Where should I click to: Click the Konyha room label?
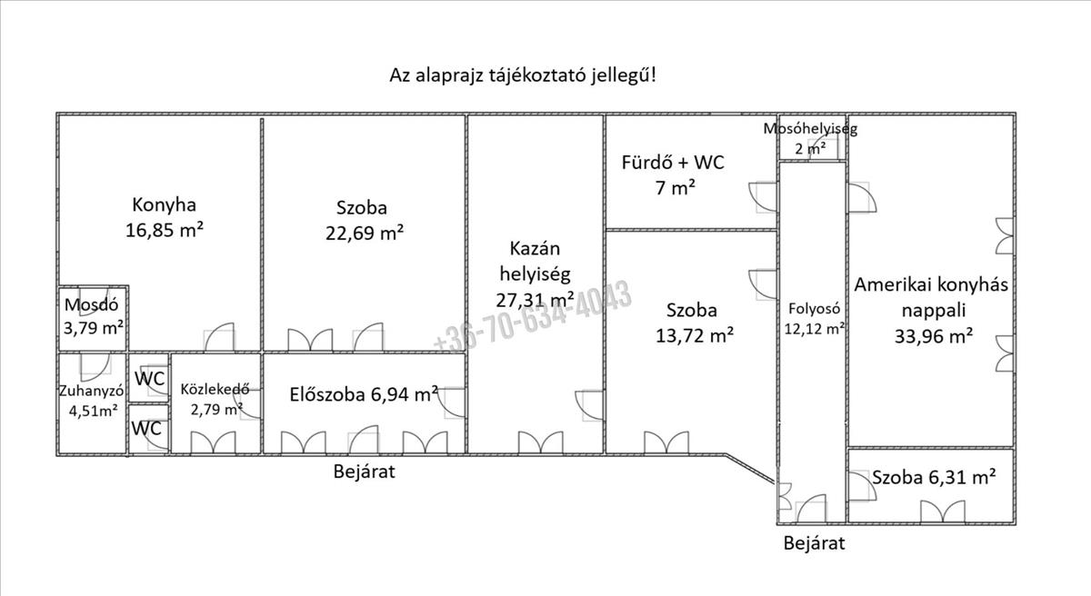164,204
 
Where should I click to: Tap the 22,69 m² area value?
365,233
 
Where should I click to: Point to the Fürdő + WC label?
673,164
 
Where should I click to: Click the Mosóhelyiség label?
809,128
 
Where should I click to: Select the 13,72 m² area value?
695,334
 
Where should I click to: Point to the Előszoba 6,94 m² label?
364,394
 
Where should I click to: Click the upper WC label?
149,379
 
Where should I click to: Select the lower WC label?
147,428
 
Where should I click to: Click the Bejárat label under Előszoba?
364,472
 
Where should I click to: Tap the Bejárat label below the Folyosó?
815,543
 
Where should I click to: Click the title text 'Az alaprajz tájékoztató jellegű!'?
523,74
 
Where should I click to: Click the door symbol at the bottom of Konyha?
220,338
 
